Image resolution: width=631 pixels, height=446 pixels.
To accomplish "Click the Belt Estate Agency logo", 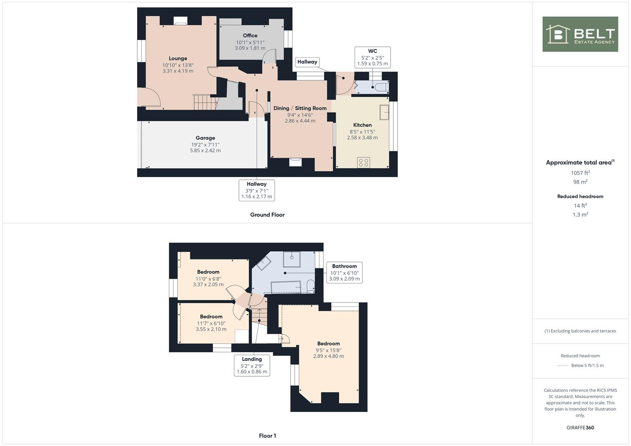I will (580, 34).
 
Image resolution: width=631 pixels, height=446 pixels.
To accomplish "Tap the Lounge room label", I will (178, 59).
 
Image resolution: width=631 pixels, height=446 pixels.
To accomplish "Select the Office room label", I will (250, 36).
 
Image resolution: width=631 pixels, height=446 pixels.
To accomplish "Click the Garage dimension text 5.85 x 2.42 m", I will (205, 151).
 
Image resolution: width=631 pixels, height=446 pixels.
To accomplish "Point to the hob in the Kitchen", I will (364, 163).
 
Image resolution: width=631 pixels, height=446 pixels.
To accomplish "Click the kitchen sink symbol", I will (384, 112).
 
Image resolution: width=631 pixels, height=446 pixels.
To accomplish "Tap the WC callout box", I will (372, 57).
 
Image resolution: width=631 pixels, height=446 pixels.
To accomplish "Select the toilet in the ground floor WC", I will (380, 87).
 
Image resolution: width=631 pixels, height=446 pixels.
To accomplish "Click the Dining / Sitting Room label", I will (300, 108).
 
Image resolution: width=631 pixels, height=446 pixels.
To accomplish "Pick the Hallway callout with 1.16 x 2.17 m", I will (257, 190).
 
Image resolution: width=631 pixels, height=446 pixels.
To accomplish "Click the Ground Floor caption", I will (267, 215).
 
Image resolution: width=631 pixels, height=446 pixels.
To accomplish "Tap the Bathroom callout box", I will (344, 273).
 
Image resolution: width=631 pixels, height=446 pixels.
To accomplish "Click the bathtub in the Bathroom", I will (286, 287).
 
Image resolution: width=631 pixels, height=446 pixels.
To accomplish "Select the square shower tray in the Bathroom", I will (292, 259).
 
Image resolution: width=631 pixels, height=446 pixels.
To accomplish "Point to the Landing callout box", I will (252, 365).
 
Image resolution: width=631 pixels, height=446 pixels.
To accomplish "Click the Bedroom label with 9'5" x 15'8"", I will (329, 344).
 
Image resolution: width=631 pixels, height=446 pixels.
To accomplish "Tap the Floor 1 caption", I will (267, 436).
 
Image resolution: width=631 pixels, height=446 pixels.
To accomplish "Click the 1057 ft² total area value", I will (580, 173).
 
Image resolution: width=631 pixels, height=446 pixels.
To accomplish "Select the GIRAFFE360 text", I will (580, 427).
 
